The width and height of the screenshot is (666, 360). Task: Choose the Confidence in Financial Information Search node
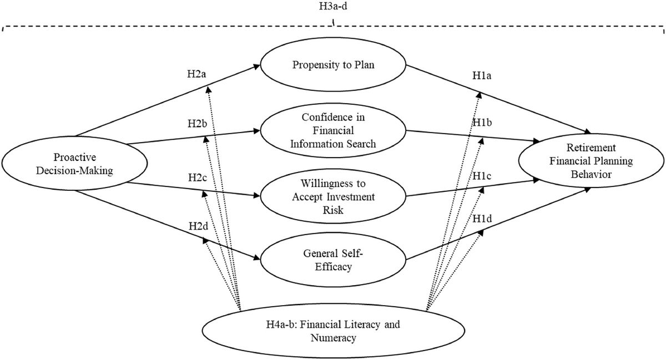click(333, 130)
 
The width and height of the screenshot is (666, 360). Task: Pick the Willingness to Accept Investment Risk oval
click(333, 197)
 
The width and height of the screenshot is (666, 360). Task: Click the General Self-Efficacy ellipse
click(333, 258)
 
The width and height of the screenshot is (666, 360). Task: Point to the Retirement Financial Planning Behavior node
click(592, 161)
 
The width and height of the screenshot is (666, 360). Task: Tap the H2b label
click(198, 123)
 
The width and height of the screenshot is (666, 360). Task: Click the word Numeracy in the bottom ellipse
click(333, 337)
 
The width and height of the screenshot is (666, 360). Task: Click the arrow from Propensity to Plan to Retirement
click(500, 100)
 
